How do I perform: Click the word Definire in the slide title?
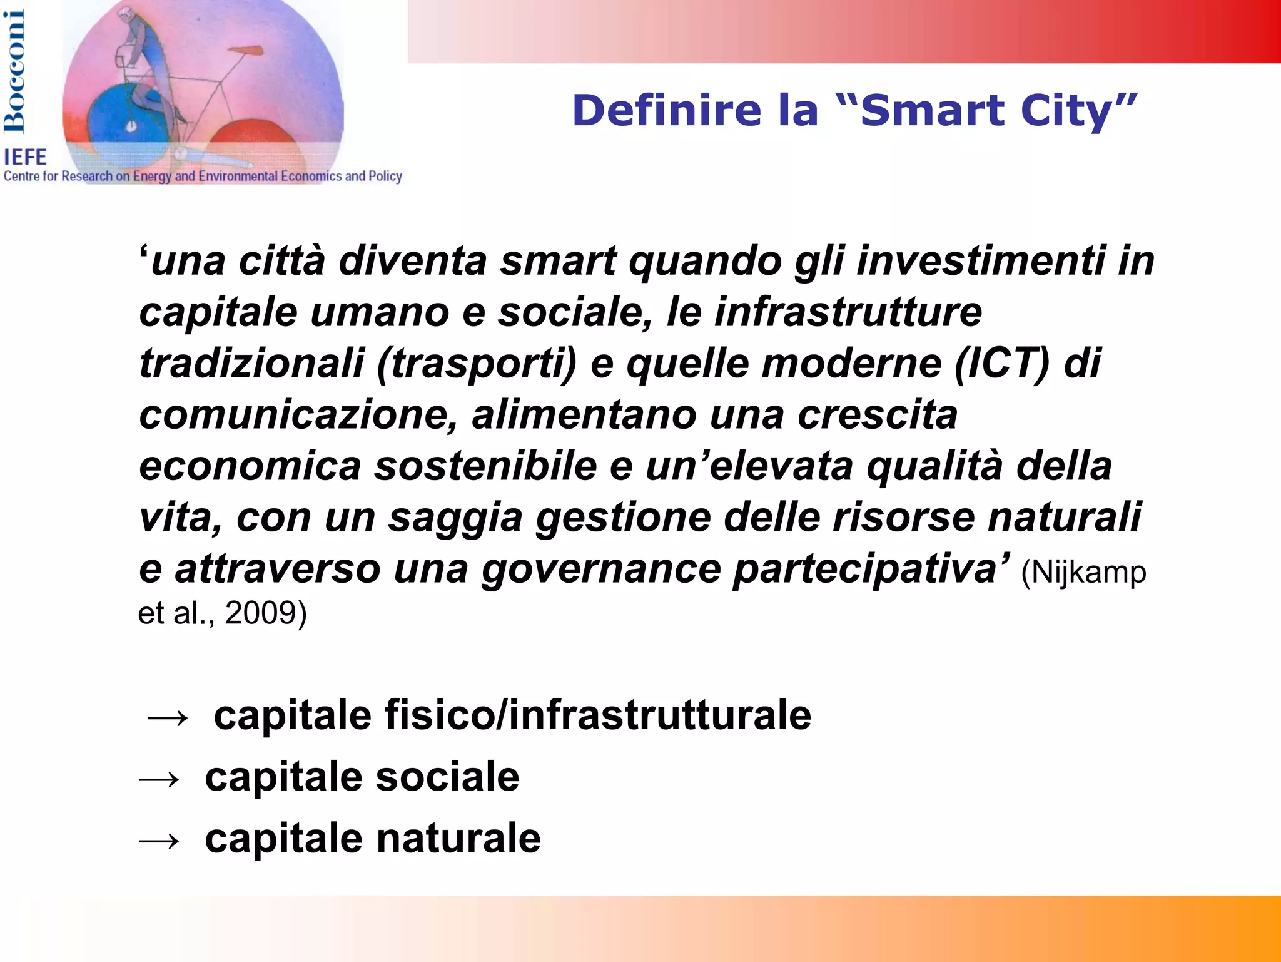[x=667, y=110]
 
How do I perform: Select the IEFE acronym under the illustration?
[x=25, y=156]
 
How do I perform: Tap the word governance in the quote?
[x=600, y=570]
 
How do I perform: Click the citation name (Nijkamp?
[x=1083, y=572]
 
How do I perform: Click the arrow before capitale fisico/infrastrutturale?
[x=167, y=717]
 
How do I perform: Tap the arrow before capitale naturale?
[x=159, y=841]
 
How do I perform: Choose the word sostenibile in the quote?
[x=485, y=466]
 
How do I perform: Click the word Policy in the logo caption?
[x=385, y=177]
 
